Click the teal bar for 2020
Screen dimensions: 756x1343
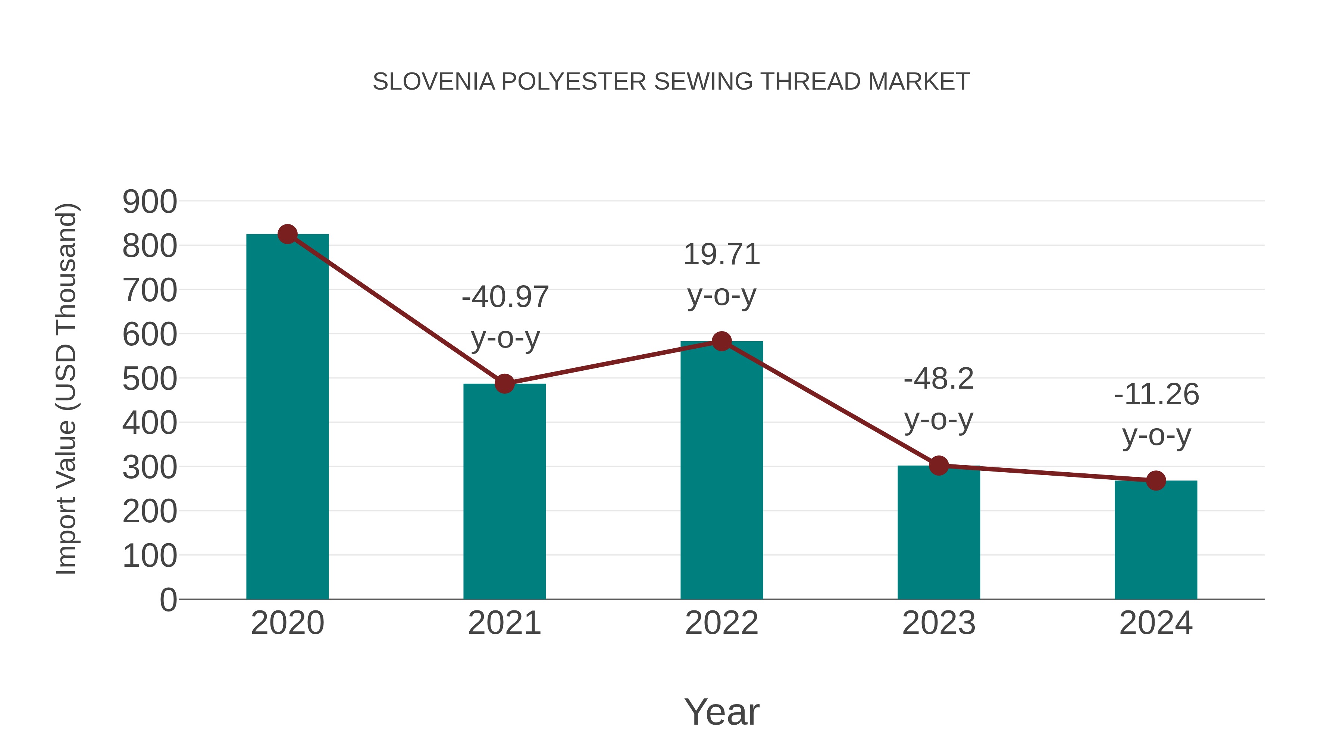click(287, 417)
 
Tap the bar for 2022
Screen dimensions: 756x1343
click(721, 470)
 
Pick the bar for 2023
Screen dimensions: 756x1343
click(939, 532)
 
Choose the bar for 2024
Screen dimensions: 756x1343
click(1156, 540)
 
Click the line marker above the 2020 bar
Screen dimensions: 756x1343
click(287, 234)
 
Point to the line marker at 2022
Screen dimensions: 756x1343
click(721, 341)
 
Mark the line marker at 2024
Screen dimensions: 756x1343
click(1156, 480)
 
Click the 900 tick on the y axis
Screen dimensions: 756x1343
click(150, 202)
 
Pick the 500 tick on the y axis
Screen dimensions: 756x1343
click(150, 379)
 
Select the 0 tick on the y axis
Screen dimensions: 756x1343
click(168, 600)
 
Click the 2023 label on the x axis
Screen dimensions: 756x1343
click(939, 623)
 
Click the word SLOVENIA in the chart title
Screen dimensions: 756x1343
click(434, 82)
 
